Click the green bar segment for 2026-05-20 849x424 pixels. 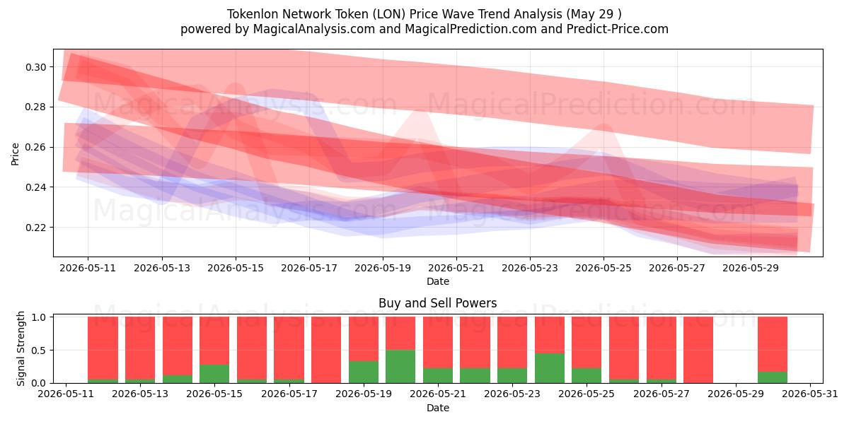tap(400, 367)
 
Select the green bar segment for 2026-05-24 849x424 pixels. tap(550, 368)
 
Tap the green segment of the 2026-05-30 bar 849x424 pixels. tap(773, 377)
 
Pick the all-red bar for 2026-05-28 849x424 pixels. tap(698, 350)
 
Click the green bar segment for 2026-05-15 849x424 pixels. tap(214, 374)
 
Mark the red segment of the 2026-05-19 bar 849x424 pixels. tap(364, 338)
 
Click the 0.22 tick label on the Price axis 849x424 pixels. tap(35, 228)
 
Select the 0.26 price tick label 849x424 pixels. tap(35, 148)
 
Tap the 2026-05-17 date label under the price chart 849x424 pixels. tap(309, 268)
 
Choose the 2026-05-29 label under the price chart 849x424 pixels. tap(751, 268)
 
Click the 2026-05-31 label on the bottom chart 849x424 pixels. tap(810, 394)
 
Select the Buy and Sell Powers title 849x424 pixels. tap(438, 303)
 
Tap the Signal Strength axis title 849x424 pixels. tap(21, 348)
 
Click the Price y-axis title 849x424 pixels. tap(15, 154)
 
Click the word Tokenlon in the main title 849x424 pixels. tap(253, 14)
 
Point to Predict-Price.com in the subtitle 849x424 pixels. tap(618, 29)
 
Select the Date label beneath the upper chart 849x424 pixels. tap(438, 281)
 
